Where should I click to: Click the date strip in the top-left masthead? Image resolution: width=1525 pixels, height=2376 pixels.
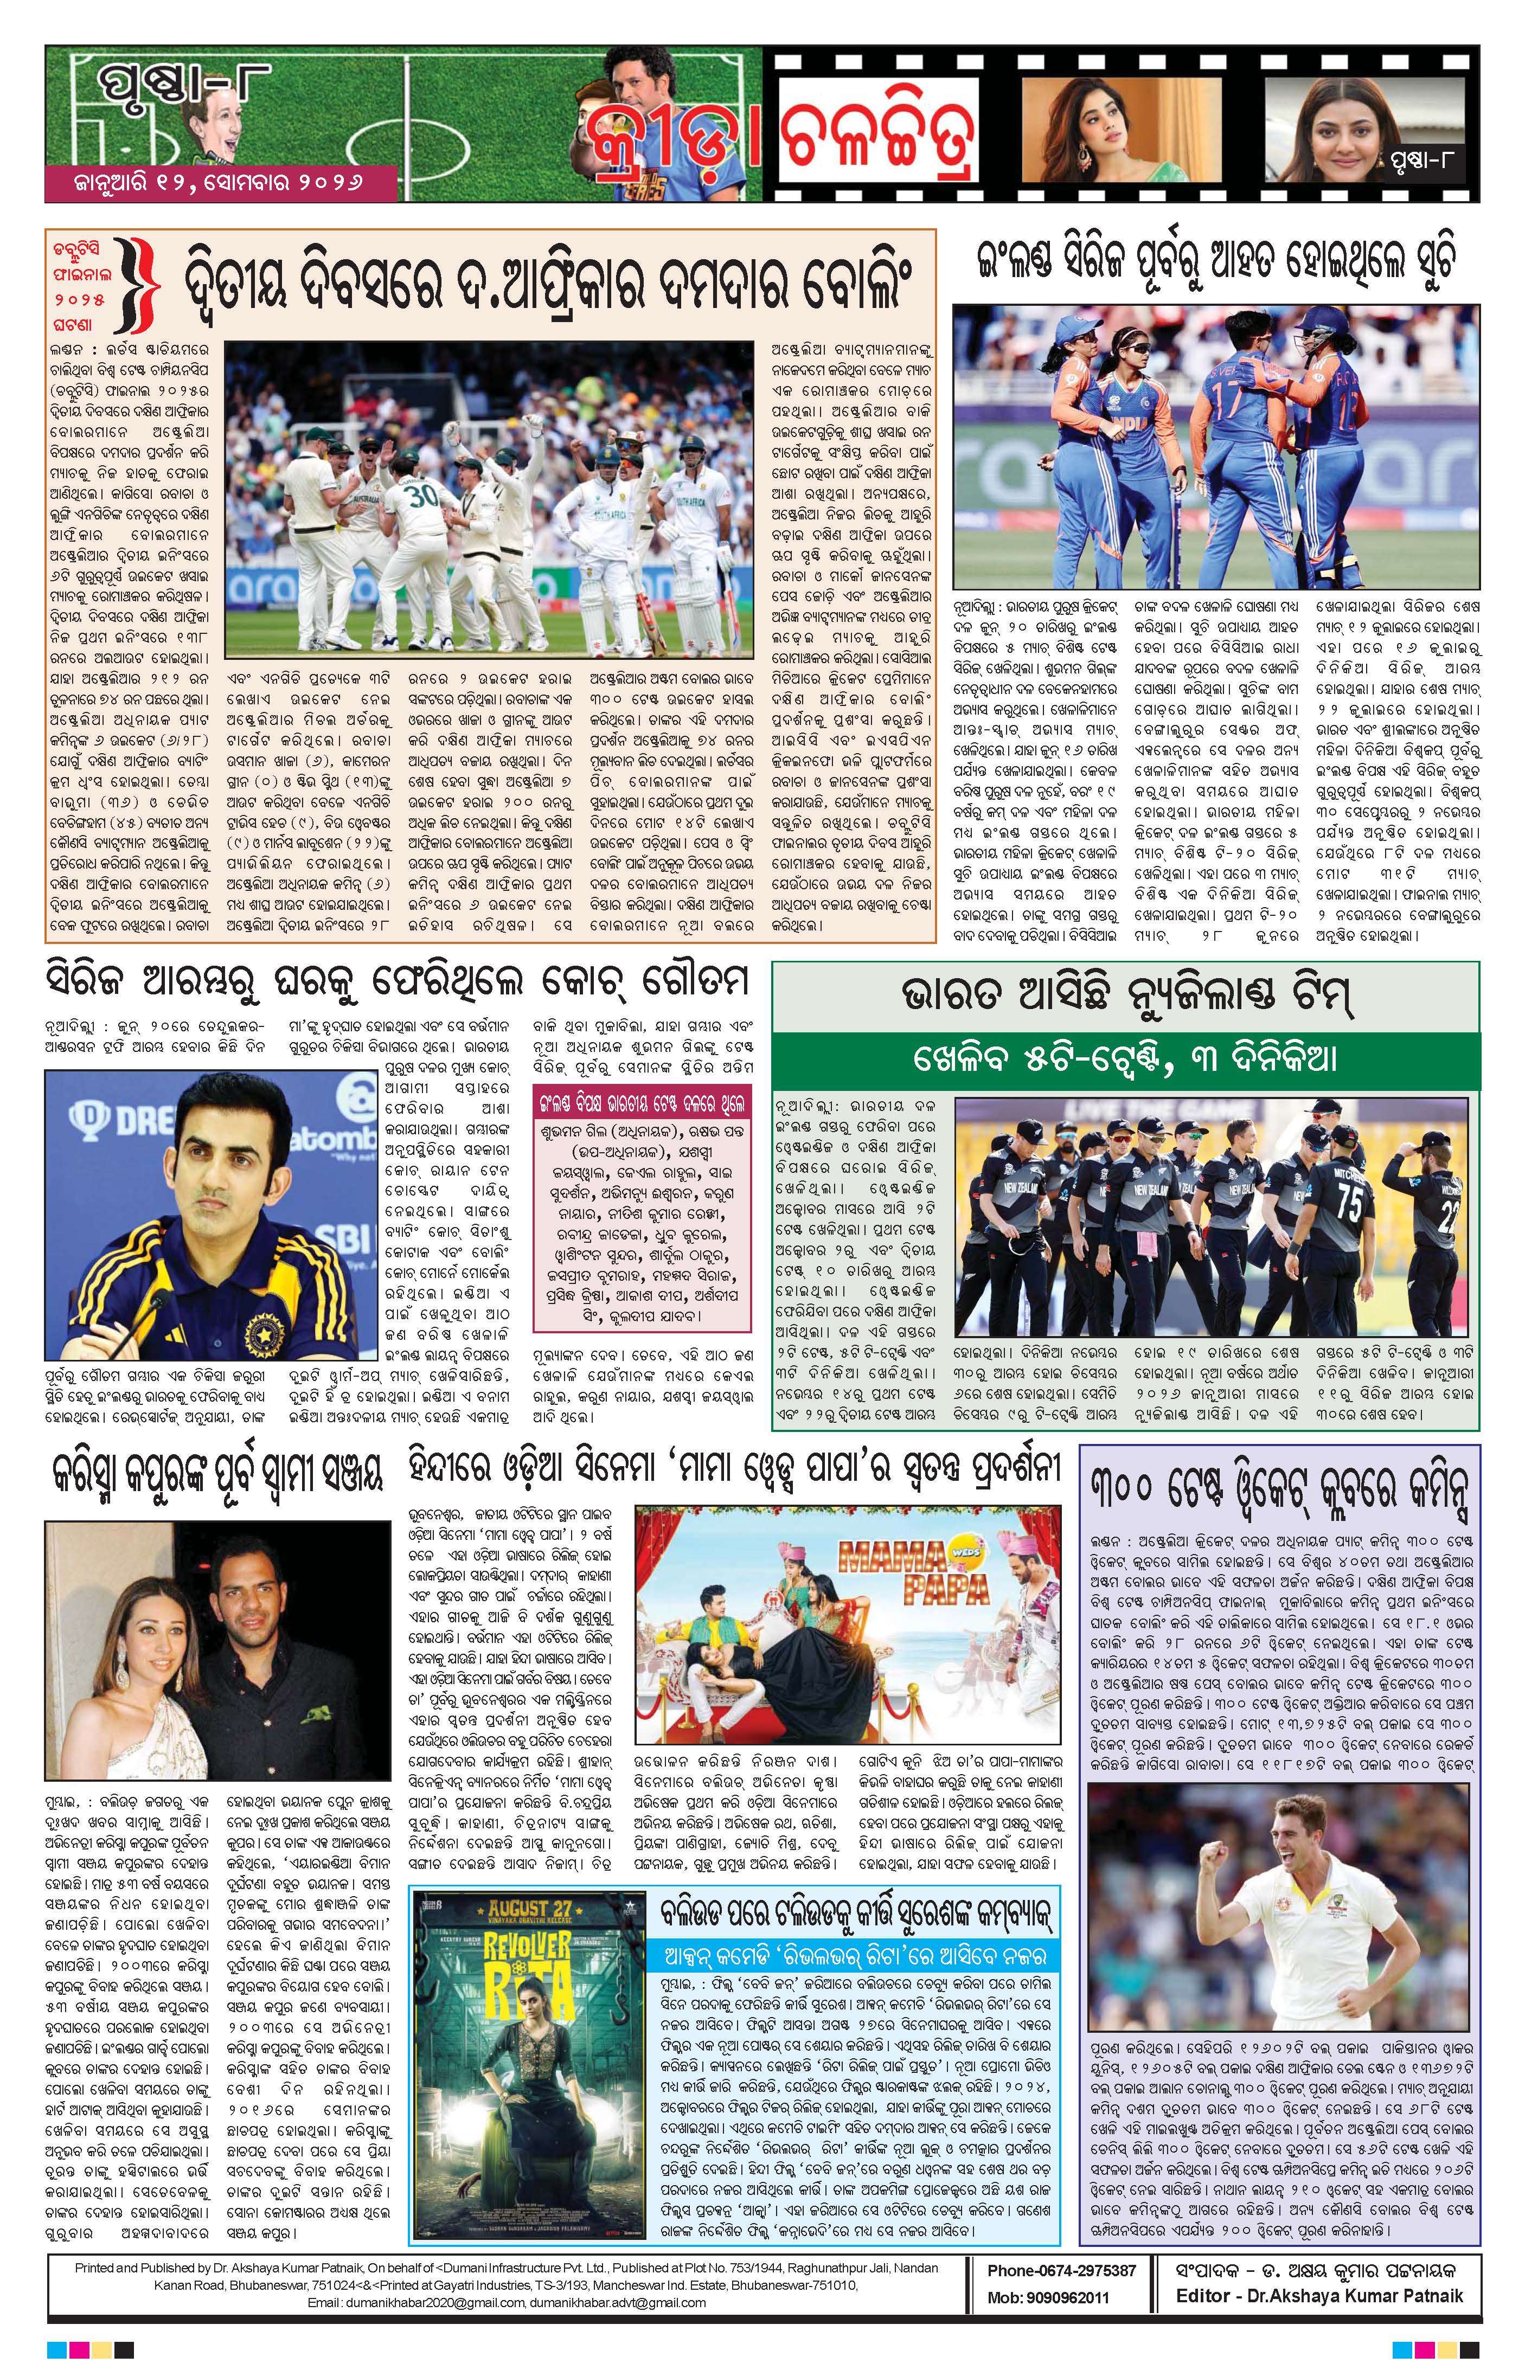coord(219,183)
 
